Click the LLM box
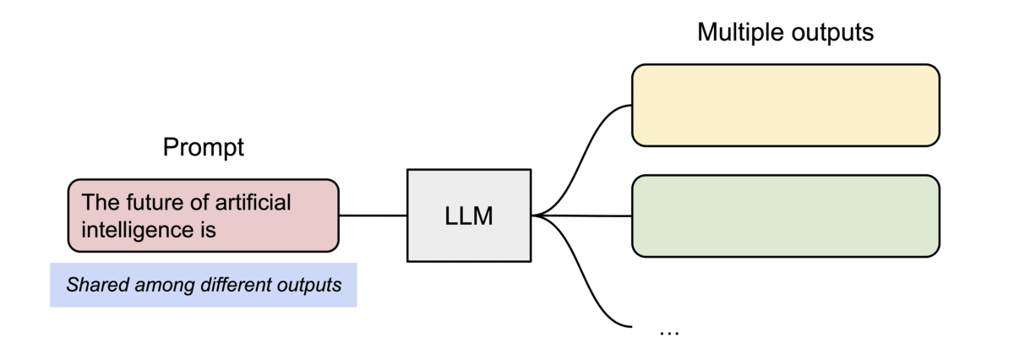click(x=469, y=215)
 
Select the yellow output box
click(x=786, y=105)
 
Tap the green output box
click(x=786, y=215)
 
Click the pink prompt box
click(x=203, y=215)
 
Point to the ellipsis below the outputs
click(x=669, y=331)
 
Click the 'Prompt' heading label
click(x=203, y=148)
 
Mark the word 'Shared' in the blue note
click(x=92, y=285)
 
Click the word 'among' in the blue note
click(x=157, y=285)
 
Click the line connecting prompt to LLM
click(x=373, y=215)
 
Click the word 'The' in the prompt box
click(x=98, y=203)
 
